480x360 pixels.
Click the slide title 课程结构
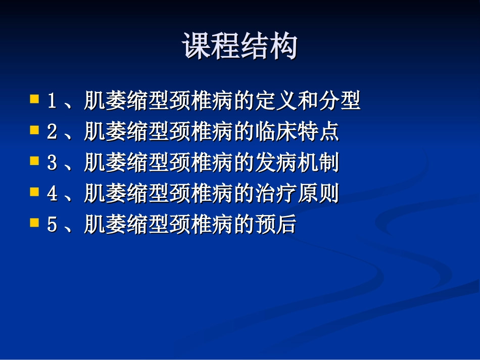coord(239,46)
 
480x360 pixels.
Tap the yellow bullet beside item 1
coord(35,98)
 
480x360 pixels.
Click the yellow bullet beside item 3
coord(35,161)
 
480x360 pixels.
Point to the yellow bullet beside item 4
coord(35,192)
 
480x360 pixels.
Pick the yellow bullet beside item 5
coord(35,223)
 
